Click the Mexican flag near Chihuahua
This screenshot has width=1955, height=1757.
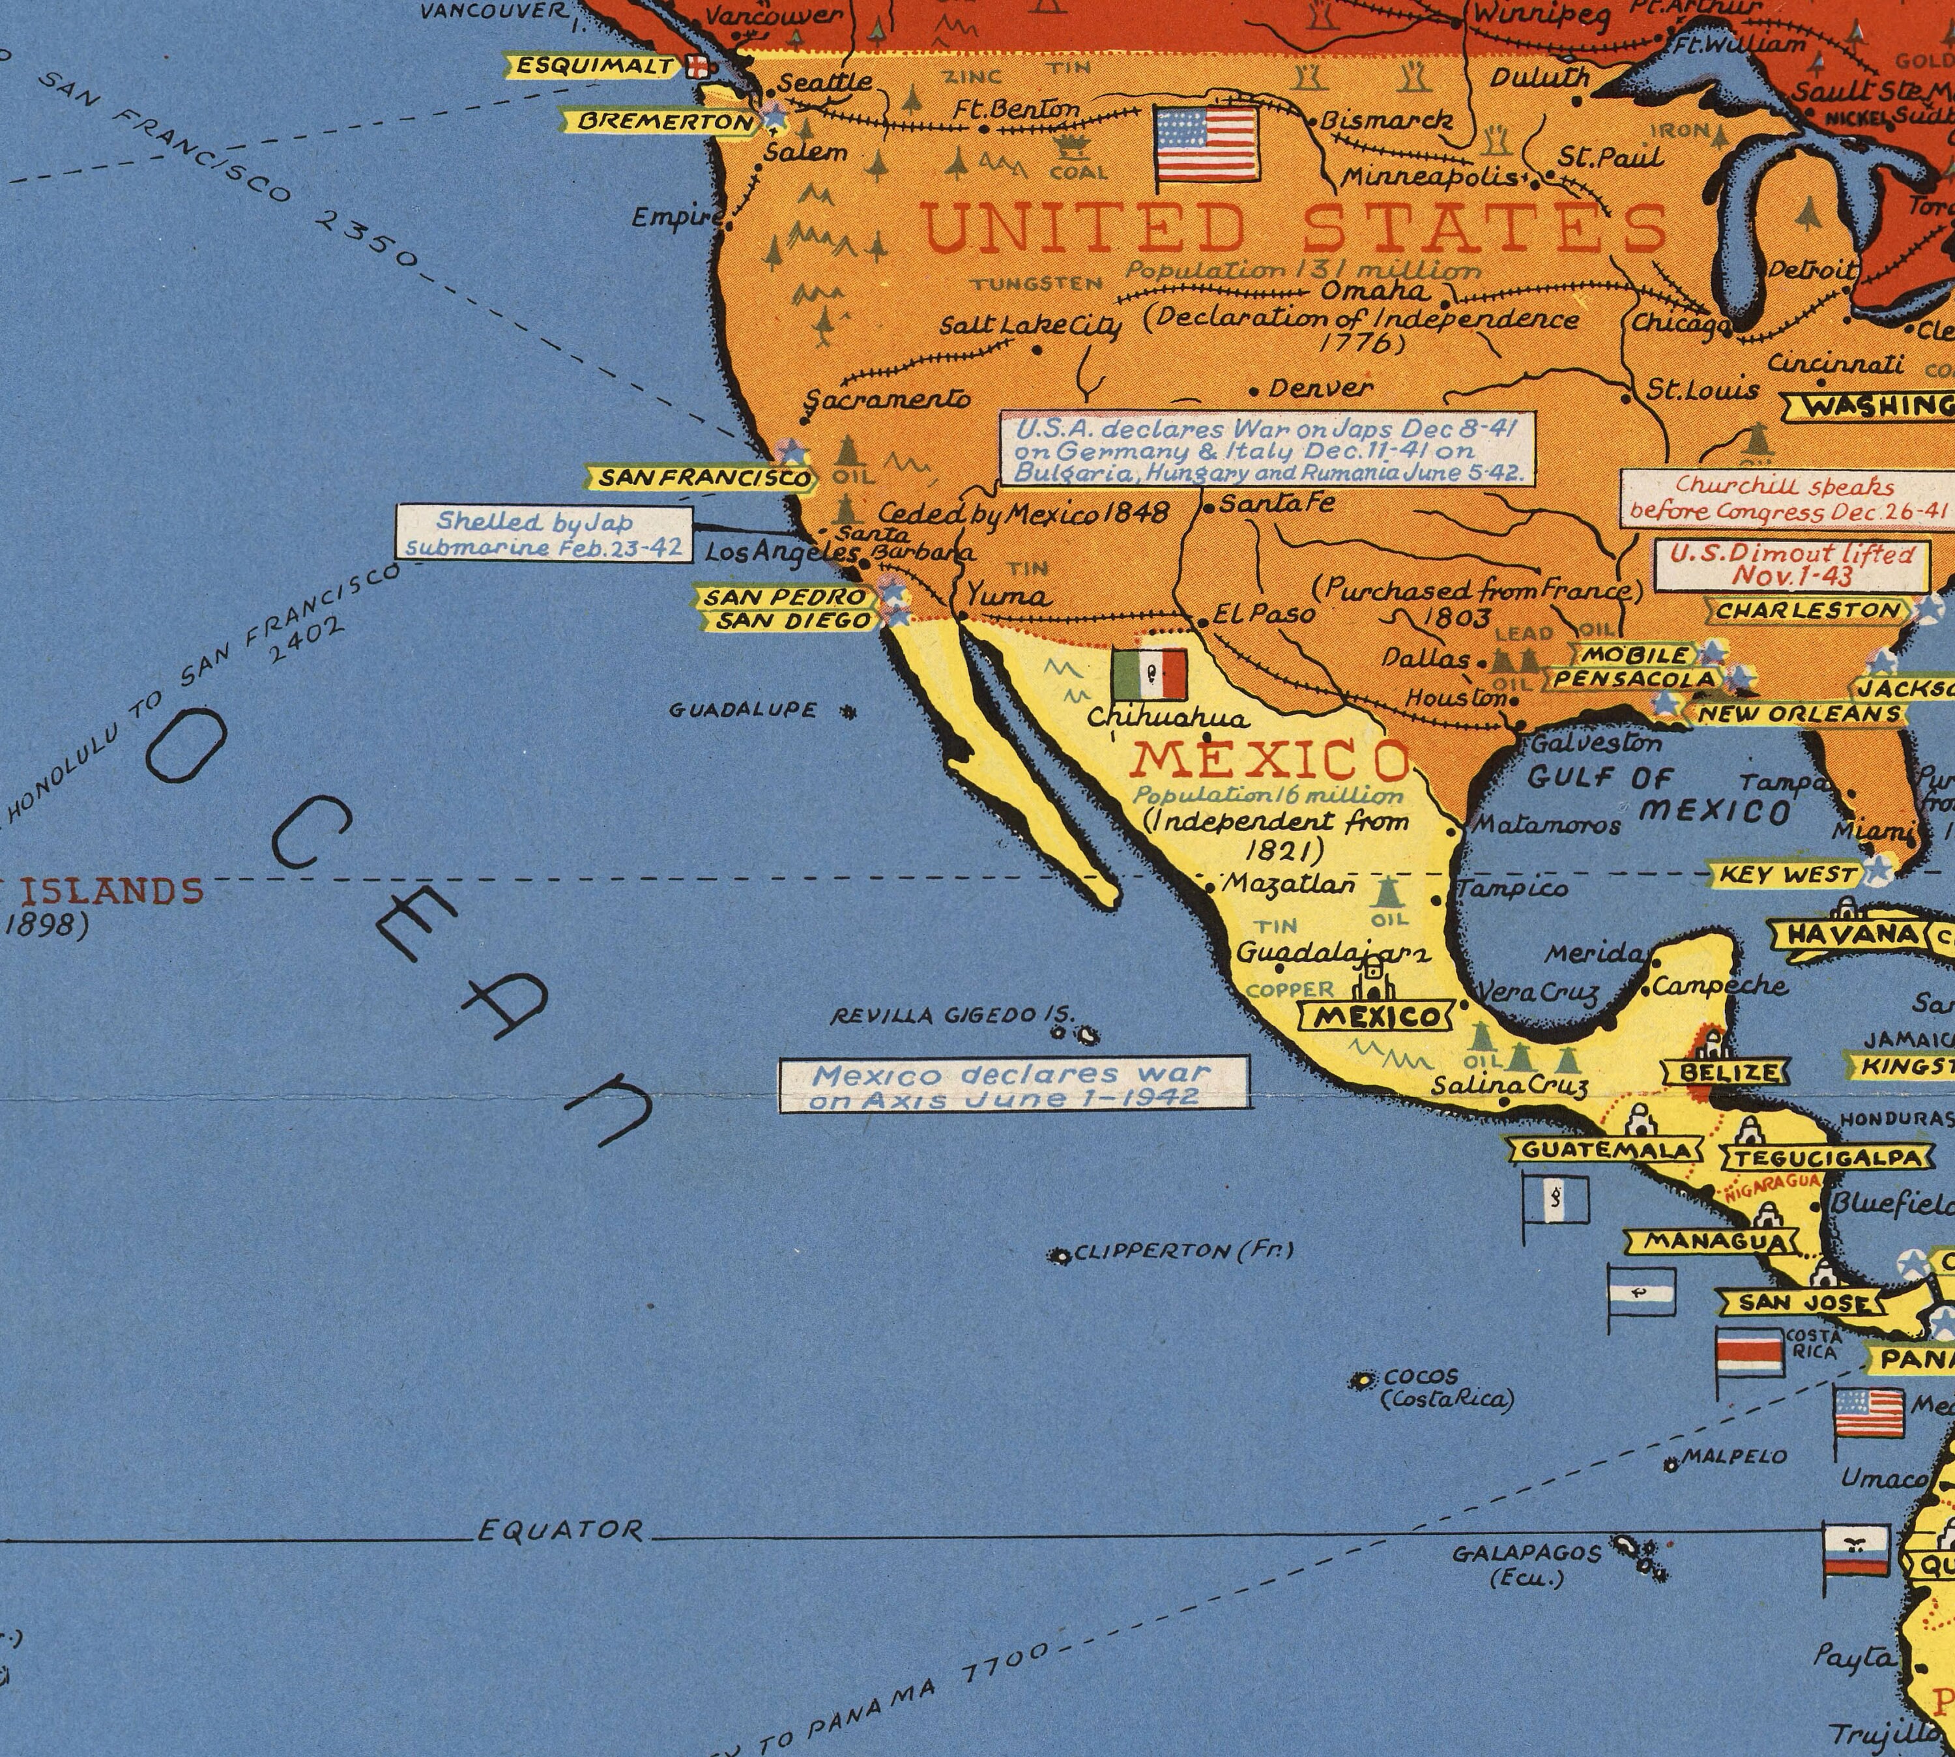[1149, 674]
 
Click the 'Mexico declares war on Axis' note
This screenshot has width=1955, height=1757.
[1014, 1085]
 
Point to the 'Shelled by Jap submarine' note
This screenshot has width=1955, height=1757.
[543, 534]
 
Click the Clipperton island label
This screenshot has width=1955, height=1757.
[1183, 1252]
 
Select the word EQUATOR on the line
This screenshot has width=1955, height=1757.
[560, 1530]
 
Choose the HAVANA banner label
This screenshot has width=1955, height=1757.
[1839, 933]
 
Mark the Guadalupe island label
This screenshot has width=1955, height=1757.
[744, 710]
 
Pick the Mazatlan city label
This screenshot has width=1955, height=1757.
[1289, 885]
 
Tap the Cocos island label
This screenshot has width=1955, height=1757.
[1429, 1387]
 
